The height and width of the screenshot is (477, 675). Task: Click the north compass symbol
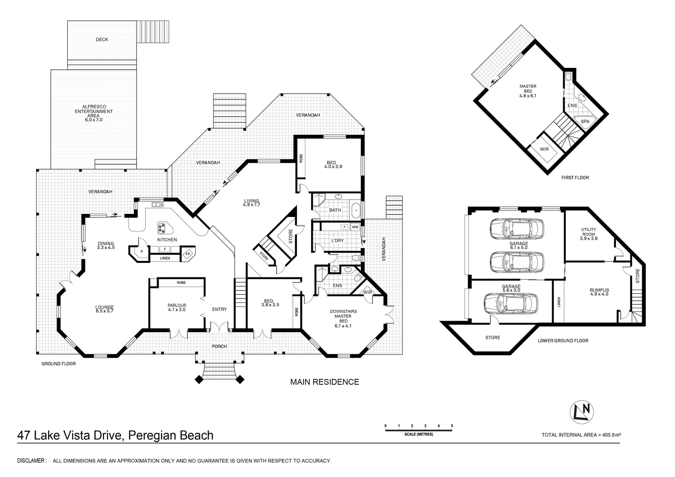tap(582, 412)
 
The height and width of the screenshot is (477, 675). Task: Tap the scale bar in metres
tap(418, 430)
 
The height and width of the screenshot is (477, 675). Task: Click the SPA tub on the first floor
tap(584, 122)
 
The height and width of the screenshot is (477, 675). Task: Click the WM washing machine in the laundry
tap(355, 227)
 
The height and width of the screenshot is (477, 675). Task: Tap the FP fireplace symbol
tap(188, 254)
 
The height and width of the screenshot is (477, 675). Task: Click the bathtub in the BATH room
tap(356, 211)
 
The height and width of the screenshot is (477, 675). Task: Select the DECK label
tap(102, 39)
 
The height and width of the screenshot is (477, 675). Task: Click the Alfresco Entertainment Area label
tap(94, 113)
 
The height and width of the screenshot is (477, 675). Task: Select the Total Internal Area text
tap(581, 435)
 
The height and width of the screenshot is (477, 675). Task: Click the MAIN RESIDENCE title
tap(325, 382)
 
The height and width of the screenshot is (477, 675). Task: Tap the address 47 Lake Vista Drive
tap(70, 435)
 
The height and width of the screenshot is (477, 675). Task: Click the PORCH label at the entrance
tap(219, 347)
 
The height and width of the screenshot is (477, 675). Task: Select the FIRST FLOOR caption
tap(575, 178)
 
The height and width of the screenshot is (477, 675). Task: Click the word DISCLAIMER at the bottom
tap(31, 461)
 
